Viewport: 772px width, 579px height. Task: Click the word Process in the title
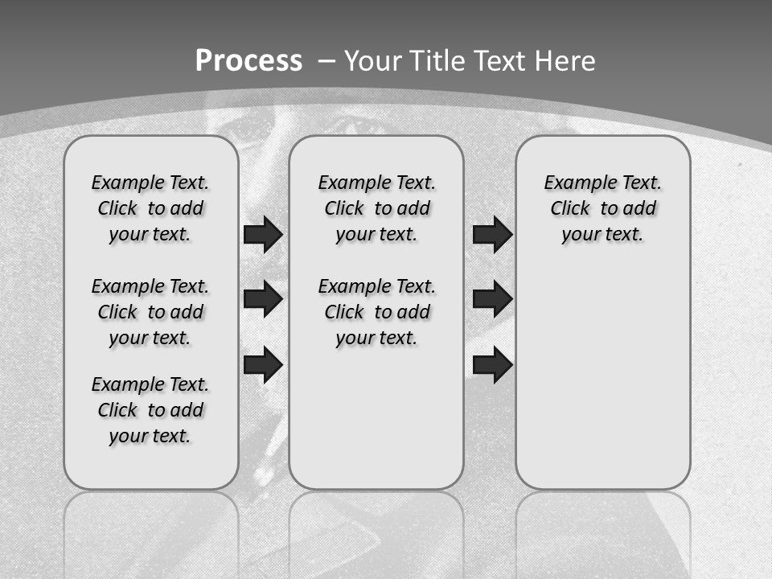pos(248,61)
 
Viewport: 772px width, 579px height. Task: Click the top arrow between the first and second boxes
pos(262,234)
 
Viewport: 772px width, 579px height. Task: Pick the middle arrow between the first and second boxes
pos(262,299)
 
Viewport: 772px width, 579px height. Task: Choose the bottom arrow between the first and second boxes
pos(262,364)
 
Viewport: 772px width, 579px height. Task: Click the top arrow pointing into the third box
pos(492,234)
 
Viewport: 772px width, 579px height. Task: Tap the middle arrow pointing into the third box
pos(492,299)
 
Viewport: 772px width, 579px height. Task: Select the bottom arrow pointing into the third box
pos(492,364)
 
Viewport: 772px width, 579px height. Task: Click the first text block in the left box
pos(150,208)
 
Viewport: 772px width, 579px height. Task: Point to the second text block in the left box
pos(150,312)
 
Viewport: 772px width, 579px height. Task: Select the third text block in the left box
pos(150,410)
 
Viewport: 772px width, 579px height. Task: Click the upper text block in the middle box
pos(376,208)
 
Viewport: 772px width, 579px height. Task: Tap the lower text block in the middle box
pos(376,312)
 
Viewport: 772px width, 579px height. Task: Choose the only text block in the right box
pos(602,208)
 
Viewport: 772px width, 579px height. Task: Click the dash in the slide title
pos(327,62)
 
